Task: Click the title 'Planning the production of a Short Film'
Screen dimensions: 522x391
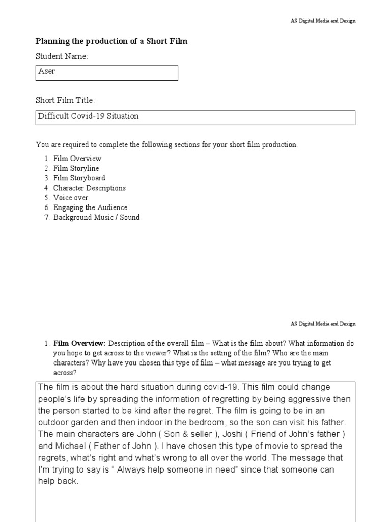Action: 111,41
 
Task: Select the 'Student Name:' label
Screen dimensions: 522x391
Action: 62,56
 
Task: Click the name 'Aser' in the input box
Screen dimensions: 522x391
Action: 47,71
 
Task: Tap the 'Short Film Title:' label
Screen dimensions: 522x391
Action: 65,101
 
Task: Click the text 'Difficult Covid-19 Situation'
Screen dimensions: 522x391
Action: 88,116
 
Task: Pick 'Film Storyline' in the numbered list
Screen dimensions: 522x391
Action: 76,168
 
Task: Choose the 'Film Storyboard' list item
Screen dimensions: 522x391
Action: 79,178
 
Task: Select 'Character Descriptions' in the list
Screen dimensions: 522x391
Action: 89,188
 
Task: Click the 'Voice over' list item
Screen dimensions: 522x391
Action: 71,197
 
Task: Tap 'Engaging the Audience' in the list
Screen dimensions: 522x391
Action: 90,207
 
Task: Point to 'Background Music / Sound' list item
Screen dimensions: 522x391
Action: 96,217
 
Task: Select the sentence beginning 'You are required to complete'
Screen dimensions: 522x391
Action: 166,145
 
